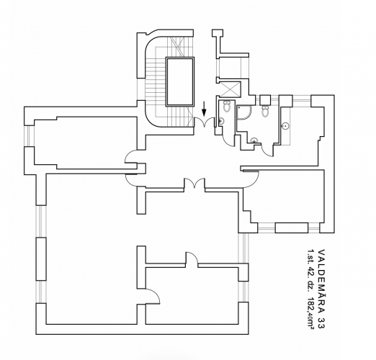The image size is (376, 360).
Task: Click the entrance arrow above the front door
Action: (204, 109)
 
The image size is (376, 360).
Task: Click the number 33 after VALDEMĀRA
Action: (321, 323)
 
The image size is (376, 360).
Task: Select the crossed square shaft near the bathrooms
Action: (230, 89)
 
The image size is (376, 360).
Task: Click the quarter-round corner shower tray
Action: (243, 112)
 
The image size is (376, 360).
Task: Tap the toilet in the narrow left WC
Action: (227, 106)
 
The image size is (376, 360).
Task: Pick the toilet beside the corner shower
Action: (265, 111)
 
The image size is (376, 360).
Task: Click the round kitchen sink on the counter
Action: (285, 126)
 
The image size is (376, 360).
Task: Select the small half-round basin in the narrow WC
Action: (221, 122)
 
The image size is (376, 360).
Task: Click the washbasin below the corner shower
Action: (254, 140)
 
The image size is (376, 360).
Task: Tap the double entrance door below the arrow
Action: (205, 122)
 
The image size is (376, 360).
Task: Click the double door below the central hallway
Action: (194, 184)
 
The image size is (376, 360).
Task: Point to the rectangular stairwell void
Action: (180, 81)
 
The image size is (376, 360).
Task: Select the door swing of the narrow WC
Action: (229, 140)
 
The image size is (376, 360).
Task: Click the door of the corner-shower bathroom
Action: (267, 150)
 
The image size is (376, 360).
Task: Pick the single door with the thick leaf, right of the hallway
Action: (251, 179)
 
